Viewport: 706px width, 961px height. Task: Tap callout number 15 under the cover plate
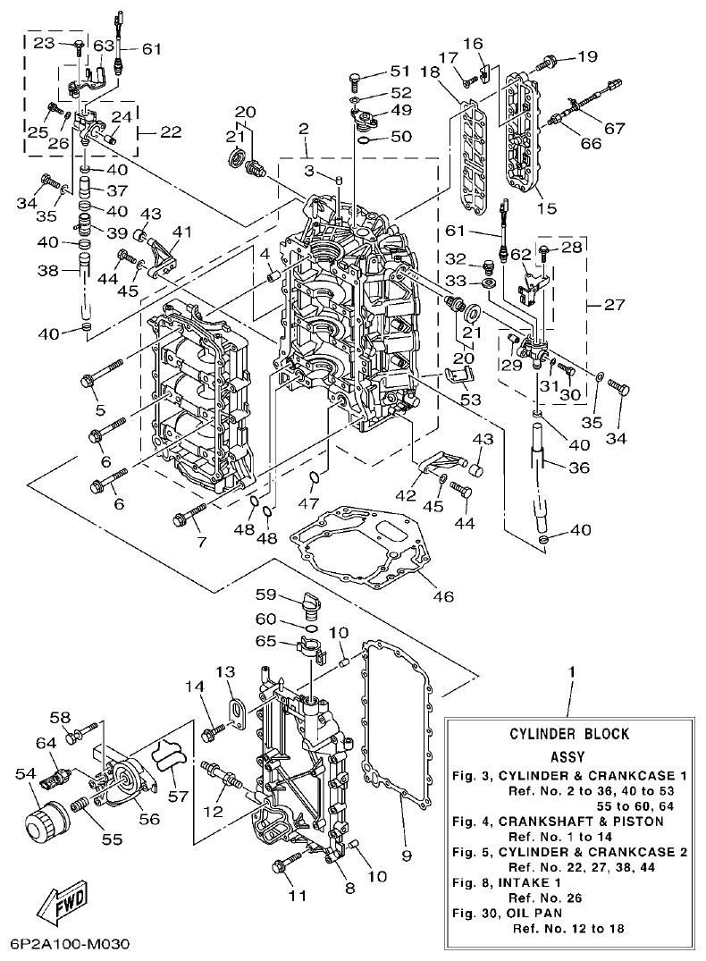tap(546, 208)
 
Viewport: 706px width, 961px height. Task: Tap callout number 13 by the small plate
tap(225, 671)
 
